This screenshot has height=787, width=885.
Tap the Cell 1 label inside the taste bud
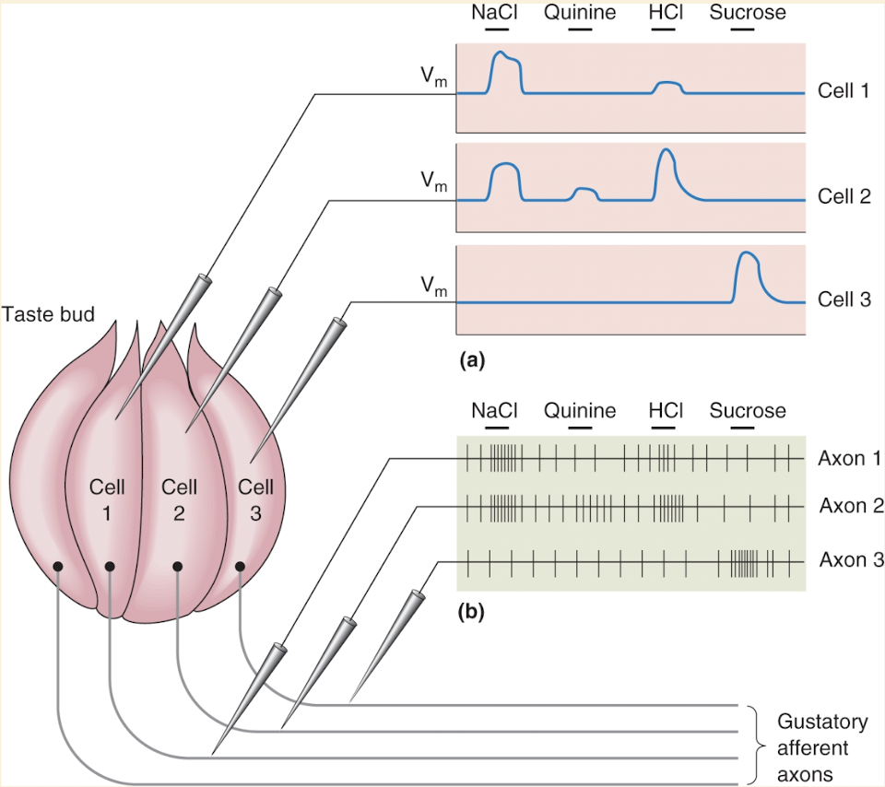click(x=106, y=498)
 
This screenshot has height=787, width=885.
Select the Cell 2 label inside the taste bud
click(x=179, y=498)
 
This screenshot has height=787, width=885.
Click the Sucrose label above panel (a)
click(x=748, y=13)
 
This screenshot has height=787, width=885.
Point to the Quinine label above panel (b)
click(x=579, y=411)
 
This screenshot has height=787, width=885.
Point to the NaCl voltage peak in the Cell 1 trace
click(x=501, y=54)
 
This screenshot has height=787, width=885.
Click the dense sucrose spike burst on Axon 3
click(x=743, y=560)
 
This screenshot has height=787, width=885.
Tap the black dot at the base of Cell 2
click(x=178, y=566)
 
